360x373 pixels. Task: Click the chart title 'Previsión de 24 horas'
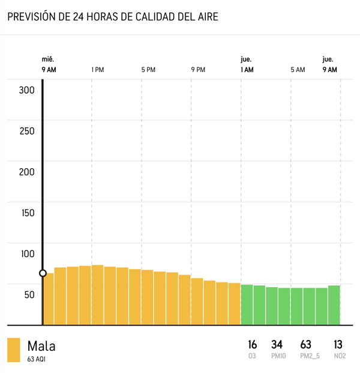tap(112, 17)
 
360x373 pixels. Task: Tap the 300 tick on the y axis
tap(28, 91)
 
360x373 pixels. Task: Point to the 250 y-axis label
tap(28, 132)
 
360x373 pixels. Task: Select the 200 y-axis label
tap(28, 172)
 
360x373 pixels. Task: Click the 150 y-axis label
tap(28, 213)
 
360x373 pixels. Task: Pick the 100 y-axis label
tap(28, 254)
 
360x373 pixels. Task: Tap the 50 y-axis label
tap(29, 295)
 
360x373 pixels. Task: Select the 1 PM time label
tap(98, 70)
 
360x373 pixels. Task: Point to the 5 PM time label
tap(148, 70)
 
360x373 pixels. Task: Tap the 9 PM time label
tap(198, 70)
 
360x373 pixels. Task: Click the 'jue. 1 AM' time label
tap(247, 65)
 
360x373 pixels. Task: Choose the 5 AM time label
tap(298, 70)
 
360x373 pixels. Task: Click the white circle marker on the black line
tap(43, 273)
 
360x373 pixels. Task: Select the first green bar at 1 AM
tap(247, 304)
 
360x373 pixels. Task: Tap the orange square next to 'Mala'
tap(14, 350)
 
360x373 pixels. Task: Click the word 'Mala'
tap(41, 346)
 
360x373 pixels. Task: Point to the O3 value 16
tap(253, 345)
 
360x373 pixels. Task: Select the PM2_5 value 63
tap(306, 345)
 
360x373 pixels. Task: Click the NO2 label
tap(338, 357)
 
